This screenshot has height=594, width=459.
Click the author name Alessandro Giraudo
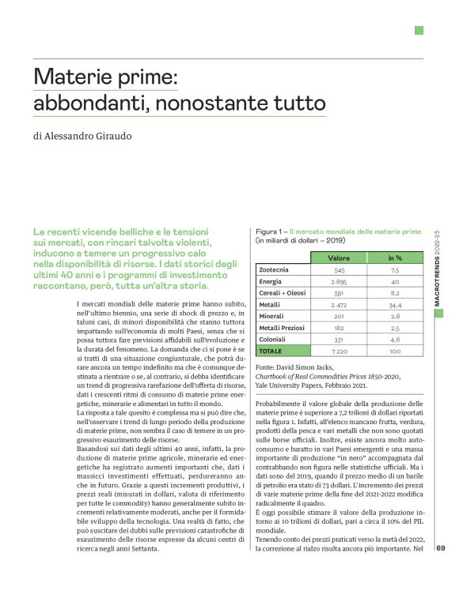93,135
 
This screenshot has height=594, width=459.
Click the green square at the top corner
419,30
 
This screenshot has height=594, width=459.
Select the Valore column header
340,258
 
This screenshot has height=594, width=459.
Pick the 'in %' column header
395,258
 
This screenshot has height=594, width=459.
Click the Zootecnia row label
275,270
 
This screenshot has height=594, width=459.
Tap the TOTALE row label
271,350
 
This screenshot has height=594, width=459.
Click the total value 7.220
340,350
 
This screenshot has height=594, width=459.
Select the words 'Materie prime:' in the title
107,77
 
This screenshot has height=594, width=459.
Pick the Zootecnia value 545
340,270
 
